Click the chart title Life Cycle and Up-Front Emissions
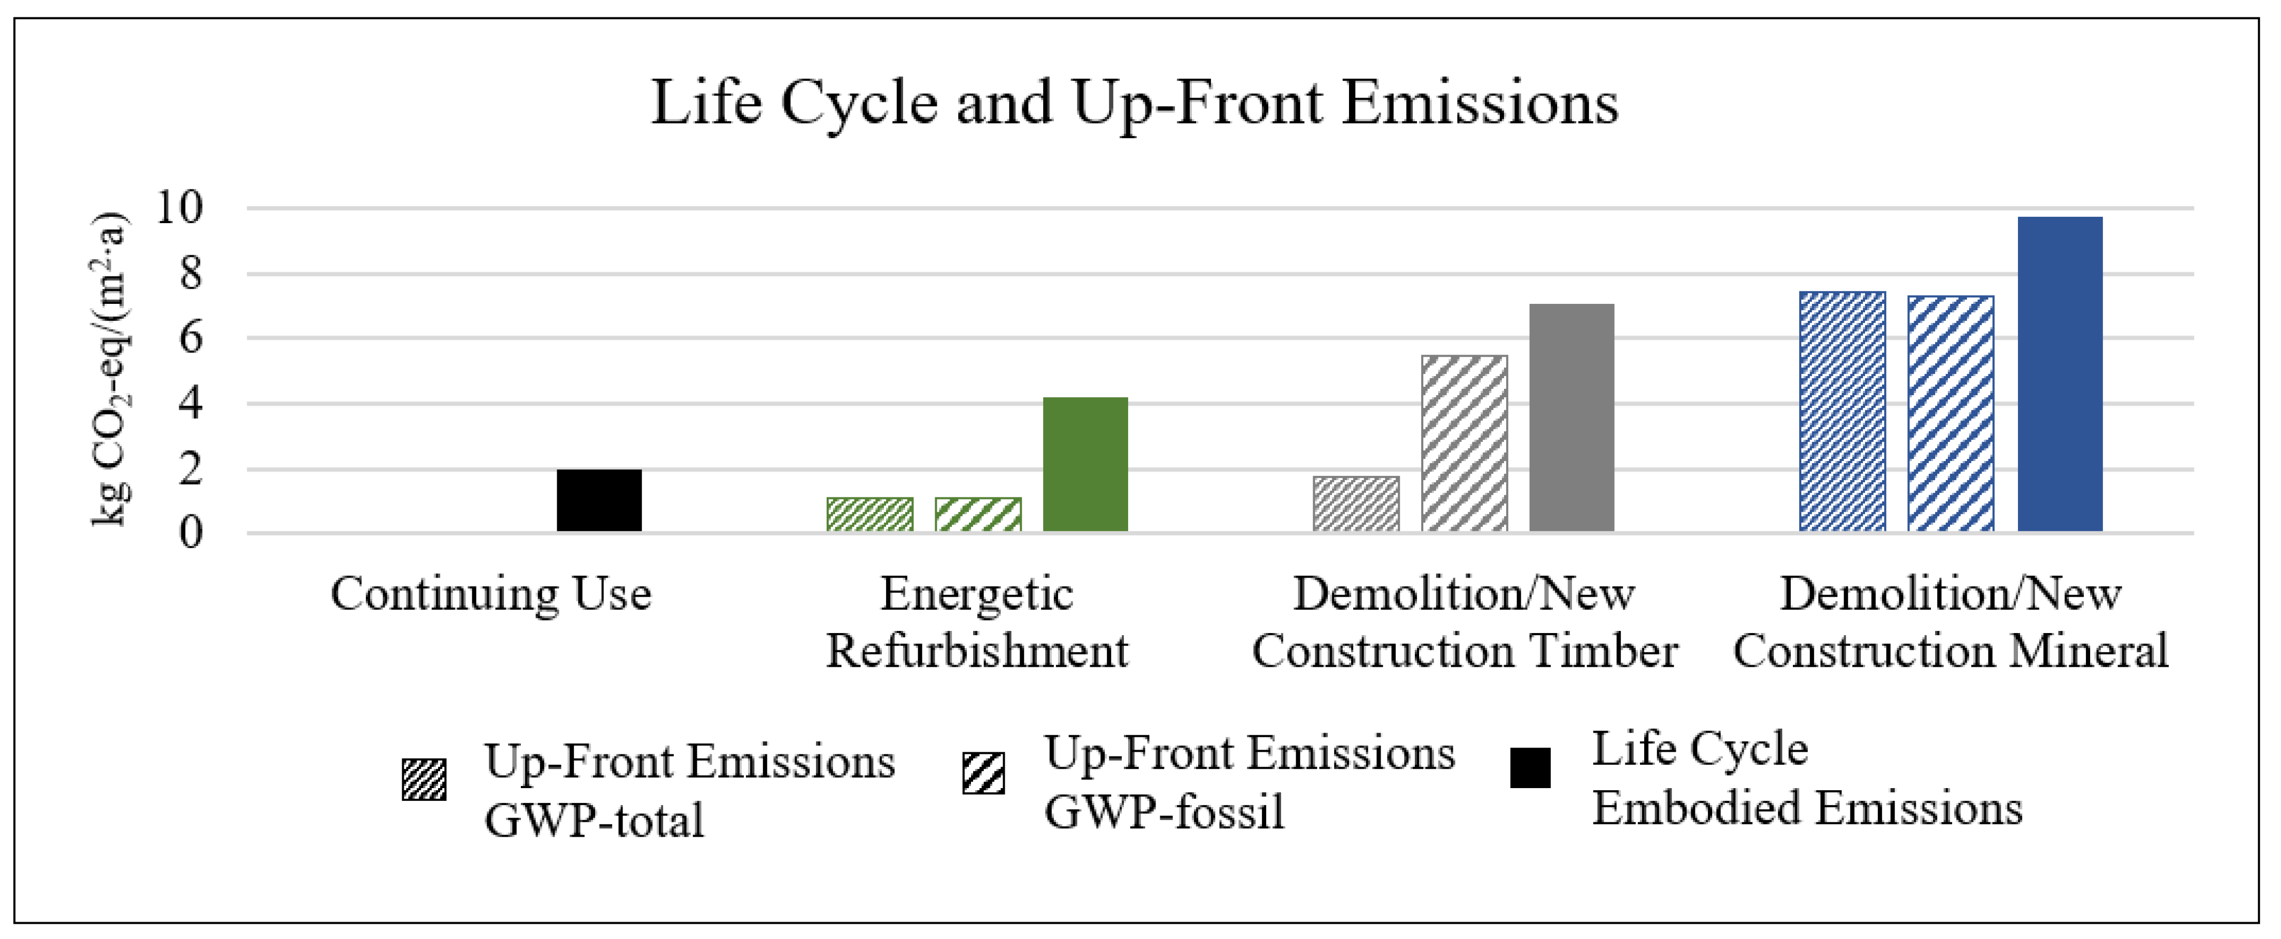point(1134,103)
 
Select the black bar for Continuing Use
point(599,501)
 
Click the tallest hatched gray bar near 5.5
point(1464,443)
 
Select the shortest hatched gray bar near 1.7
point(1356,504)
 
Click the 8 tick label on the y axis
point(190,274)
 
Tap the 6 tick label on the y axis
point(190,338)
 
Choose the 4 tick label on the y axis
point(190,404)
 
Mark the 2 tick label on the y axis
point(190,468)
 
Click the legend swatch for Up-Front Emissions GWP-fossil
point(983,773)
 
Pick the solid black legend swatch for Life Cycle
point(1530,768)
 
